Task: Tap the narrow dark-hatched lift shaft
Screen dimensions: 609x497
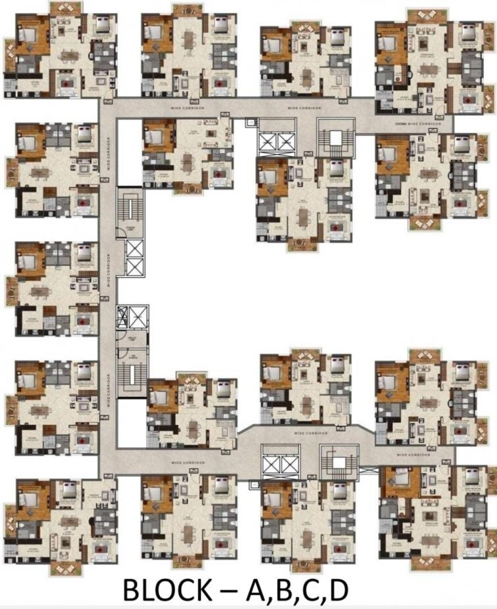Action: [x=122, y=317]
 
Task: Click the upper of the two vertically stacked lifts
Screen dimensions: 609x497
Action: [x=134, y=249]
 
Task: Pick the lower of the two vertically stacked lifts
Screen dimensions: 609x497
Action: [x=134, y=267]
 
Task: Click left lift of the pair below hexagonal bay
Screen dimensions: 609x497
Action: [x=271, y=465]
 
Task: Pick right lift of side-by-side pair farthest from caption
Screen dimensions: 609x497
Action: [x=288, y=142]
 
